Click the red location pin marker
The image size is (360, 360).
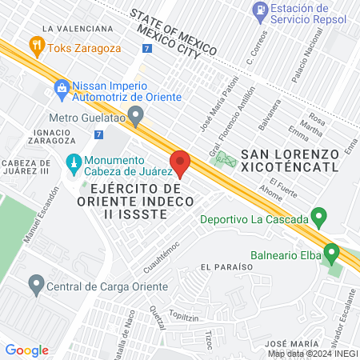181,162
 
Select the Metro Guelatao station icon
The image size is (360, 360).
136,117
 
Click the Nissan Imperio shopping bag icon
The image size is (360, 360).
61,87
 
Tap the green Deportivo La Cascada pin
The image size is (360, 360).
319,217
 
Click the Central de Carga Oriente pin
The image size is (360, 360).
36,282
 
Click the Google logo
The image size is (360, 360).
26,350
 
